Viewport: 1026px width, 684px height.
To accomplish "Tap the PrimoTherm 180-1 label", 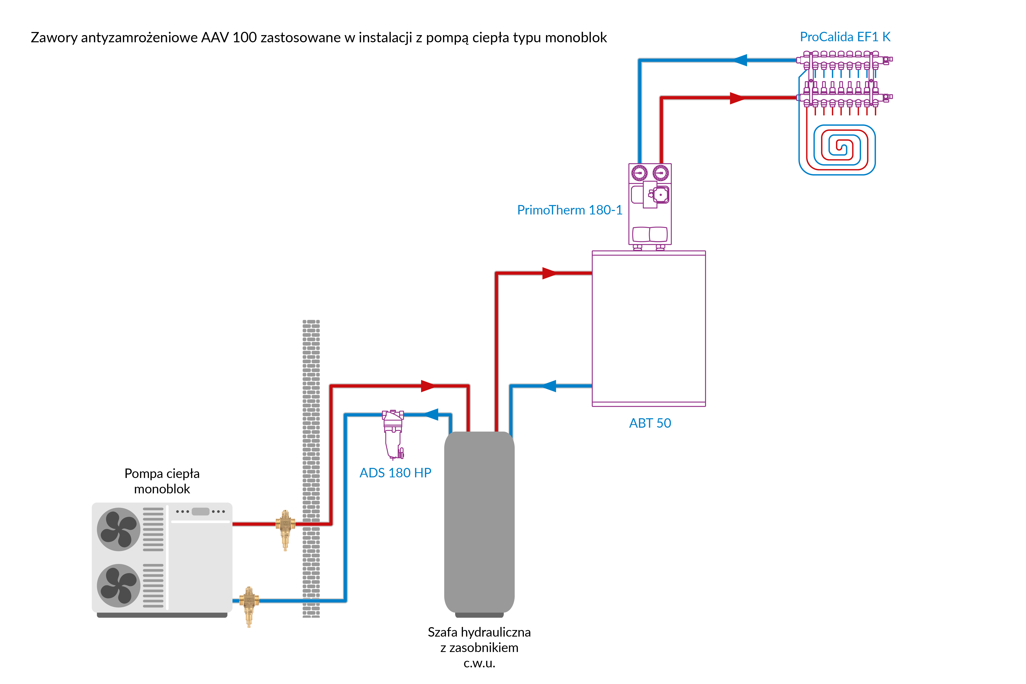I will [x=569, y=210].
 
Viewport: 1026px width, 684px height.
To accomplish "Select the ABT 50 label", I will [x=649, y=423].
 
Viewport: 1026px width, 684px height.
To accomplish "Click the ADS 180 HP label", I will [x=395, y=473].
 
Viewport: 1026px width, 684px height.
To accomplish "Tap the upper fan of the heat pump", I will [x=118, y=529].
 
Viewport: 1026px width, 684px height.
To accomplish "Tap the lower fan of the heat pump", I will [x=118, y=585].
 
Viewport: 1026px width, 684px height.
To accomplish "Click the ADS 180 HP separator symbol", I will [x=394, y=434].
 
